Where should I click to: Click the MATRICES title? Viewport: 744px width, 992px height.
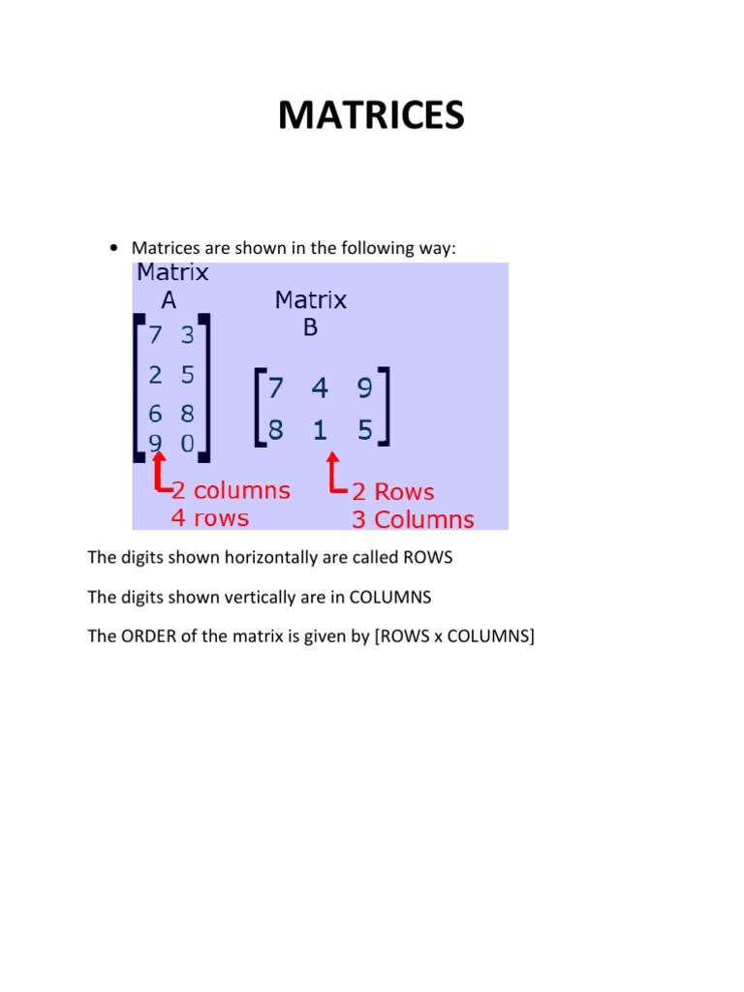point(371,115)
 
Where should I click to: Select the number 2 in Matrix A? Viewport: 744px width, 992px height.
point(155,374)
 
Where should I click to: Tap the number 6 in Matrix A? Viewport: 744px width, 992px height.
point(155,414)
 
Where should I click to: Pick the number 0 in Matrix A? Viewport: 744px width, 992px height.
point(187,446)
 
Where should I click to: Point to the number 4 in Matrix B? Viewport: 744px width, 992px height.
point(320,388)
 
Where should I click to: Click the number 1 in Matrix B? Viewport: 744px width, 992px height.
point(320,429)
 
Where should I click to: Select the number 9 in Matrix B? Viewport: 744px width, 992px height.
point(364,388)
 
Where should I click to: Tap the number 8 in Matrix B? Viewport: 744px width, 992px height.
point(276,429)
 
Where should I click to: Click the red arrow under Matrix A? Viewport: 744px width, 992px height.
point(158,474)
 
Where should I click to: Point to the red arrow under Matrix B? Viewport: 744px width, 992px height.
point(334,474)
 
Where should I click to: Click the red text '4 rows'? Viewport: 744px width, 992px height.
point(210,517)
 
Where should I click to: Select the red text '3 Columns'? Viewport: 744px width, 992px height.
point(413,519)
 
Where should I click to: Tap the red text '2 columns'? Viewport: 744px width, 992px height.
point(231,490)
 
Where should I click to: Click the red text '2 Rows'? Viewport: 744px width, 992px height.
point(392,492)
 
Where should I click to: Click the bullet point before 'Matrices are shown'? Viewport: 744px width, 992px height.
point(115,249)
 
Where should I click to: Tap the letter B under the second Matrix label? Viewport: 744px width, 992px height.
point(310,327)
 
